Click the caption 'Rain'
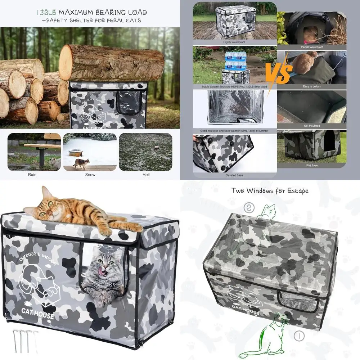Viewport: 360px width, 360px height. [x=32, y=175]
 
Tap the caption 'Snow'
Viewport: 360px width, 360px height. [x=90, y=175]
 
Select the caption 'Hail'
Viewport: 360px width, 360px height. [x=145, y=175]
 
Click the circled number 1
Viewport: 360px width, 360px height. [x=299, y=336]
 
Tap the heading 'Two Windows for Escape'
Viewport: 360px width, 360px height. [x=270, y=191]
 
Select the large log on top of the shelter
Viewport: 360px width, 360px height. [x=111, y=63]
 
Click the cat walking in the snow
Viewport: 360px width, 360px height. [x=81, y=163]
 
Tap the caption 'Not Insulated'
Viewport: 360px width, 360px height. [x=312, y=126]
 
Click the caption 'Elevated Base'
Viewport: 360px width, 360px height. [x=234, y=175]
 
